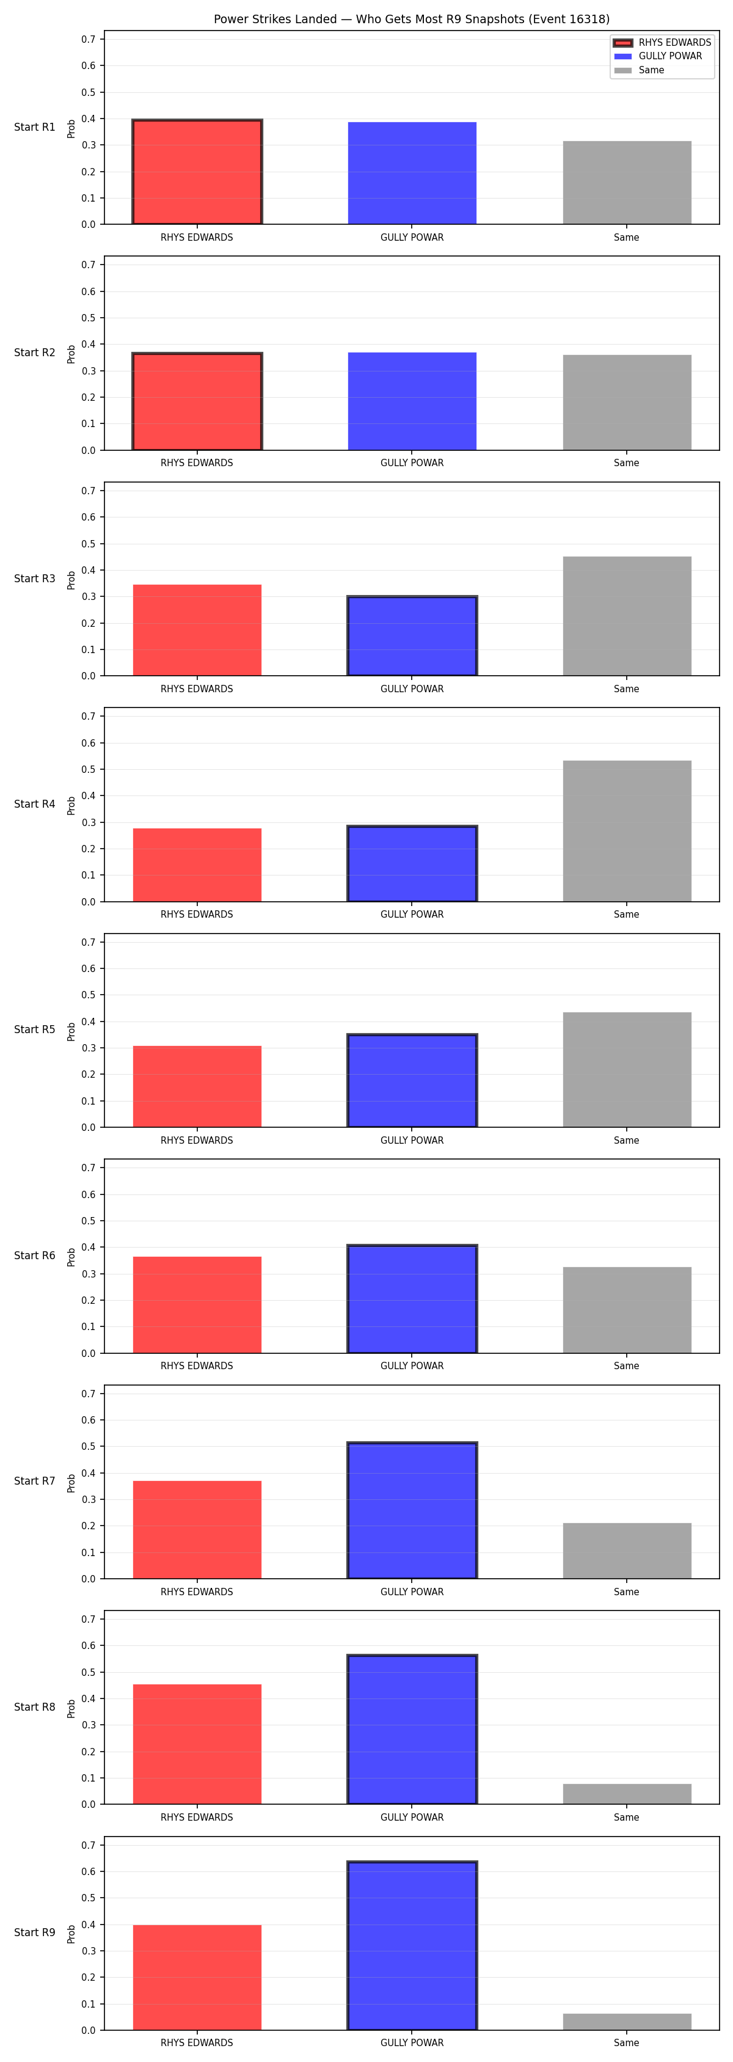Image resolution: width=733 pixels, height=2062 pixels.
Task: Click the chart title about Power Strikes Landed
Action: [x=411, y=19]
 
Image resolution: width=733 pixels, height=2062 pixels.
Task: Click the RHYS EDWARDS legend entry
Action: [x=663, y=42]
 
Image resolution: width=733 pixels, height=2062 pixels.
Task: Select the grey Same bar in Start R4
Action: [x=627, y=831]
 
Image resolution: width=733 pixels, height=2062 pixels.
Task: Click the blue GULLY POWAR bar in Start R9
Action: [x=412, y=1945]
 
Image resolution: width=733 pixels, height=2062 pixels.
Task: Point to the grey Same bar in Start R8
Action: [x=627, y=1794]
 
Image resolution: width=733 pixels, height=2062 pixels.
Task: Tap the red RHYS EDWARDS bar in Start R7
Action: [x=197, y=1530]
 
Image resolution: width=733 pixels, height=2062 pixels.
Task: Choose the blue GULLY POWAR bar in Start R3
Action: [x=412, y=635]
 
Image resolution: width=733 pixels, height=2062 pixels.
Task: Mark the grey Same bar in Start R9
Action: [x=627, y=2022]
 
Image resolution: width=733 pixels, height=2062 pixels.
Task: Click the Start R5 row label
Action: [x=34, y=1029]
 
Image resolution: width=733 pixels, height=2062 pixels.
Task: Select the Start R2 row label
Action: [x=34, y=352]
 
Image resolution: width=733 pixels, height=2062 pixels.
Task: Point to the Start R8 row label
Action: [x=34, y=1706]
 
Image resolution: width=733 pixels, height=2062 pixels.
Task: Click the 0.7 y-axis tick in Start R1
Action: [x=88, y=39]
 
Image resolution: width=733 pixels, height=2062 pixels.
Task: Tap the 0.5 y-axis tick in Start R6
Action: [x=88, y=1221]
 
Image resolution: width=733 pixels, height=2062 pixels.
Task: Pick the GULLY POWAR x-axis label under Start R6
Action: [x=412, y=1366]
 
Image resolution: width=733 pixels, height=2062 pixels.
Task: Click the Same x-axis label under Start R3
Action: [x=627, y=689]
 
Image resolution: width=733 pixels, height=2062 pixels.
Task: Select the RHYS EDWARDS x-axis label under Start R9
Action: [x=197, y=2043]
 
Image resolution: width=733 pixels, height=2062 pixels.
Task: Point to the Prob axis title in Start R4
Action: [x=71, y=805]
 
